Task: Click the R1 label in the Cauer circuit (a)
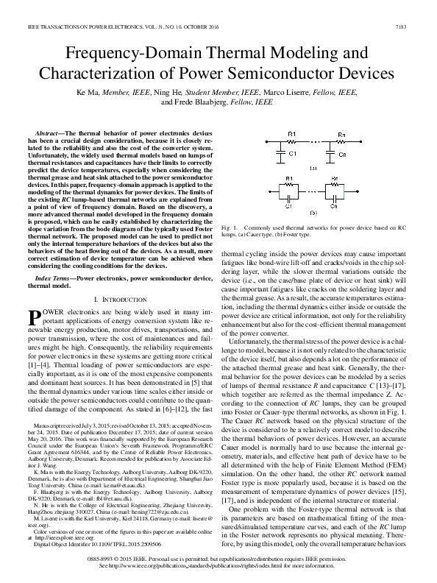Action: click(291, 135)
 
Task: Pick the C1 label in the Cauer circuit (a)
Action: click(292, 155)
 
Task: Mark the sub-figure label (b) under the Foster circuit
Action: click(313, 213)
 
